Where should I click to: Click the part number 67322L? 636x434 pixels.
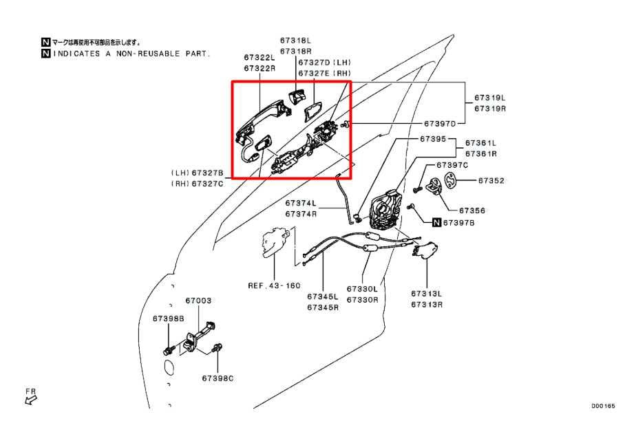click(x=259, y=58)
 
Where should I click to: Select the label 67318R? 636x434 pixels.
click(x=295, y=52)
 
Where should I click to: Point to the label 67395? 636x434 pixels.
click(x=434, y=139)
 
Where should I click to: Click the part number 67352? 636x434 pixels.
click(x=491, y=181)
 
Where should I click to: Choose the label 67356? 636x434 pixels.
click(x=473, y=210)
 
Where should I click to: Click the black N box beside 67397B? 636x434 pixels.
click(x=436, y=222)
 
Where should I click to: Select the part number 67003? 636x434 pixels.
click(x=198, y=301)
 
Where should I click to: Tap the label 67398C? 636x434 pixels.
click(x=218, y=378)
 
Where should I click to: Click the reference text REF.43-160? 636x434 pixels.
click(x=274, y=285)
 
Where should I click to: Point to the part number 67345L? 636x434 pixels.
click(x=323, y=297)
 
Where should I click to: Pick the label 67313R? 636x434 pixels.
click(x=427, y=303)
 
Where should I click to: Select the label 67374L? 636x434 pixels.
click(x=301, y=204)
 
